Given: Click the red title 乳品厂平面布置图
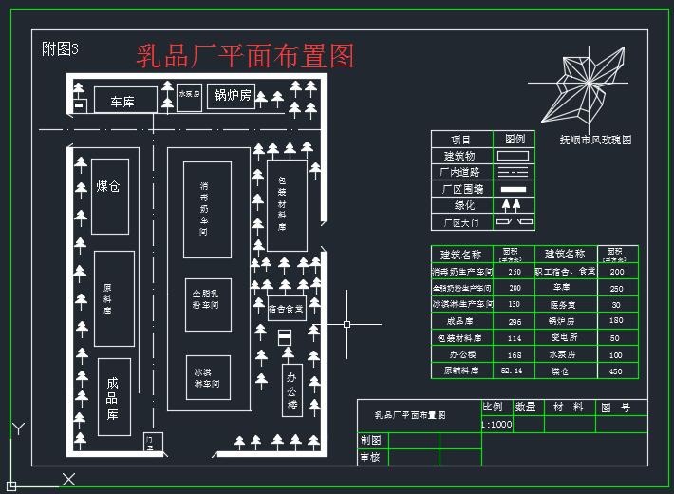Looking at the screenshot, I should point(245,55).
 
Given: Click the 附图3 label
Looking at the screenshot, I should point(61,49).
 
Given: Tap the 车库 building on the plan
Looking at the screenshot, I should point(122,100).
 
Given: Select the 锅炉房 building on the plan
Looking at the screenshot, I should point(232,96).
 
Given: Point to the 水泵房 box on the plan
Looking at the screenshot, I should point(189,96).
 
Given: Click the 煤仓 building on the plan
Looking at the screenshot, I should point(109,195).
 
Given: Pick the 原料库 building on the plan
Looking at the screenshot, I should point(113,298).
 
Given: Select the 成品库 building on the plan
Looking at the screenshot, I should point(113,397).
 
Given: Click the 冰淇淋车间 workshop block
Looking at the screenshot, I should point(207,378).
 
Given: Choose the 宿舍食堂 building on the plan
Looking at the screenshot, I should point(285,309).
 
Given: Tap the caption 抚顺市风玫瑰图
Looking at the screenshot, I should point(595,140).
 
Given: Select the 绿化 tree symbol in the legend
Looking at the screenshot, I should point(513,206).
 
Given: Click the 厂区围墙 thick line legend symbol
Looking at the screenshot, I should point(513,189).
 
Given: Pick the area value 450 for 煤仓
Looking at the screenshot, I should point(616,371).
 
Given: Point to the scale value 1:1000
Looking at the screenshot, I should point(496,425).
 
